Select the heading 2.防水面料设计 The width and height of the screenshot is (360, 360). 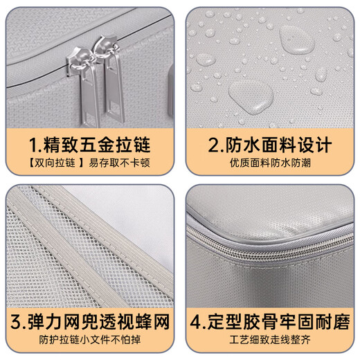[269, 145]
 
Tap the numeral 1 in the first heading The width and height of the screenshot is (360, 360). [33, 145]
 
